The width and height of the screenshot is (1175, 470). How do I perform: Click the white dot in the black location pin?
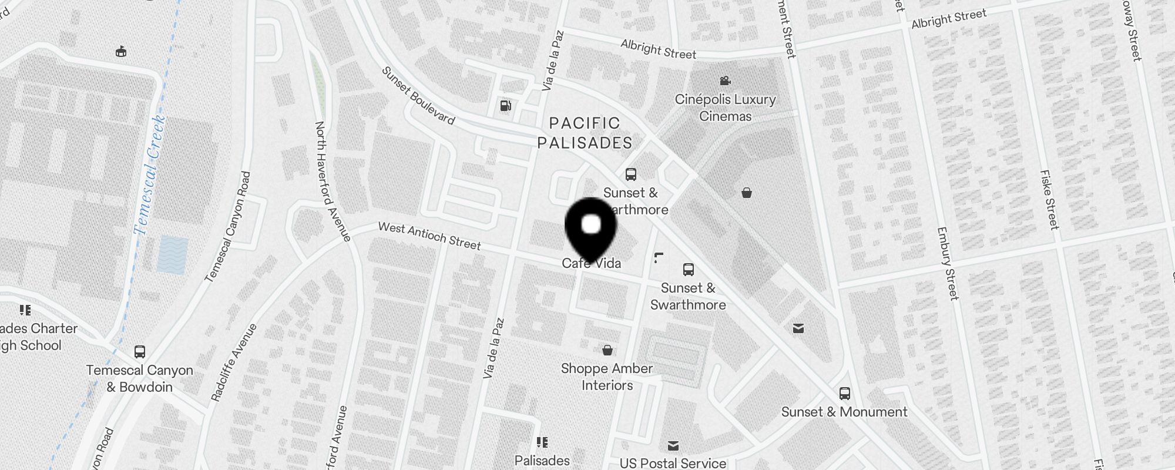point(591,224)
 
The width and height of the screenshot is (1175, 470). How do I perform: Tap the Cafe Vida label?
point(591,263)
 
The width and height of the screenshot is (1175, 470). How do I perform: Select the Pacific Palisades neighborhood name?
point(585,133)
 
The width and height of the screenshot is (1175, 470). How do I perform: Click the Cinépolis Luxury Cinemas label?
point(725,108)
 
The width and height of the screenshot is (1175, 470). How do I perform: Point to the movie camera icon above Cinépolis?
point(725,80)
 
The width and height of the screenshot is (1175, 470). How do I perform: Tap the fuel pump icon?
point(505,106)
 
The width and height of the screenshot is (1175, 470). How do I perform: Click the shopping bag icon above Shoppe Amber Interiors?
point(607,350)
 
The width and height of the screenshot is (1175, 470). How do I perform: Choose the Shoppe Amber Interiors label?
point(607,377)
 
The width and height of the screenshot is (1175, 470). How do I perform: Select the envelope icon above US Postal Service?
point(673,446)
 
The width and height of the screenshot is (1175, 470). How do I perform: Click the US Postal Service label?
point(673,463)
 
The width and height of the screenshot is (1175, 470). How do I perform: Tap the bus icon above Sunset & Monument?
point(845,394)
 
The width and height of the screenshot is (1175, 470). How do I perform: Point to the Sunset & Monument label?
point(844,412)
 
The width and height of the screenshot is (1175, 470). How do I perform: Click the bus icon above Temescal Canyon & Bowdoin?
point(140,352)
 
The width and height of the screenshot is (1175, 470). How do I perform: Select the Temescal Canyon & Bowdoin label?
point(140,378)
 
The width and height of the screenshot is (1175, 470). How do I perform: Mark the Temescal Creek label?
point(149,175)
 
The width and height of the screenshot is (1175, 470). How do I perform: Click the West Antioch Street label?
point(429,235)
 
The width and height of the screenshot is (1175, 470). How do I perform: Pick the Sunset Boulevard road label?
point(418,95)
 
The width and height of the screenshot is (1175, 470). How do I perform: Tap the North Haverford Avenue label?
point(333,181)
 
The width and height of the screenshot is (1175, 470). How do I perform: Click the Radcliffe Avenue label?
point(234,362)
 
